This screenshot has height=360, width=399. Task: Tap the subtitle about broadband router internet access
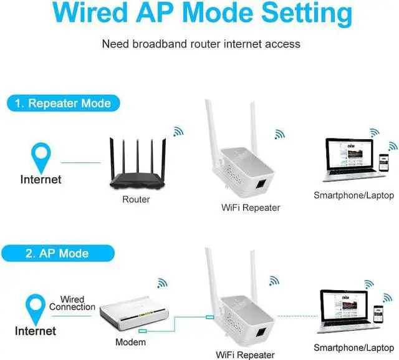201,44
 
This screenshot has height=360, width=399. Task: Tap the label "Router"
136,200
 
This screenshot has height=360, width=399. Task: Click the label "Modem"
131,343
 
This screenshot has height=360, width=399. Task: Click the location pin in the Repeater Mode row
41,157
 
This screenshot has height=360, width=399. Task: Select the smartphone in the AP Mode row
378,313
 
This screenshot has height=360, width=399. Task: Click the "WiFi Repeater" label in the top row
251,207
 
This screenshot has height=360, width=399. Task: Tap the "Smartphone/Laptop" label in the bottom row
353,347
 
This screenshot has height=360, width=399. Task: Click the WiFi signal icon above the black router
178,132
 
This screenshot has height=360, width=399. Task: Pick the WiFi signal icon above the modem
161,283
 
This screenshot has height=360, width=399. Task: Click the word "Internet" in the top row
41,180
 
